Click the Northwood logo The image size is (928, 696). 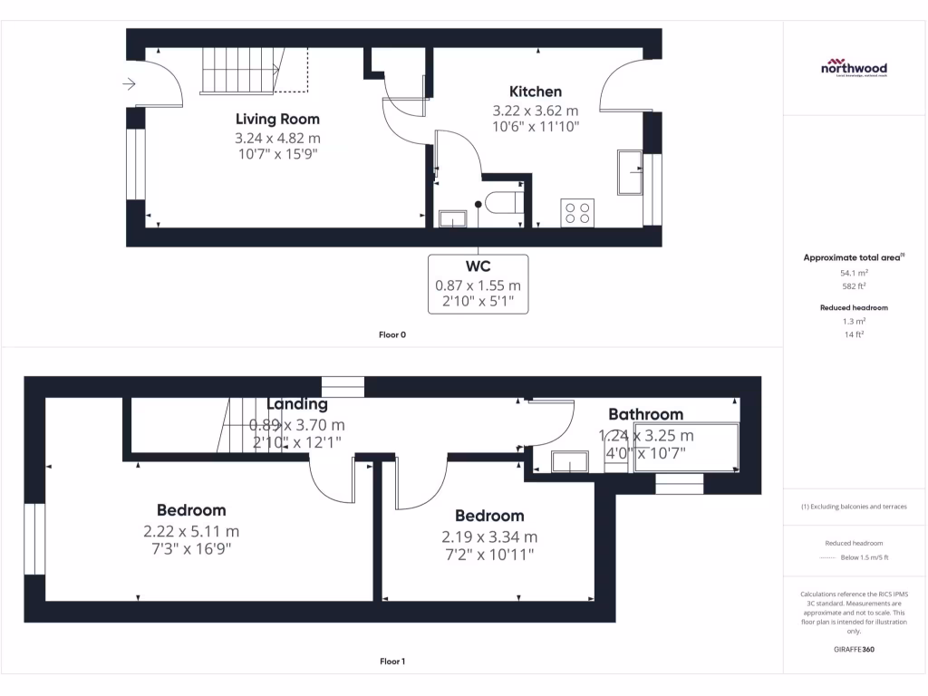854,69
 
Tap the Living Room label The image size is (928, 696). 277,119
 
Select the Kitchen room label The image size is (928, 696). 535,92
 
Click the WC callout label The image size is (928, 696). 478,266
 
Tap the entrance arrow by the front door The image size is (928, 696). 129,84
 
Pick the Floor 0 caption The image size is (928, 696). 392,335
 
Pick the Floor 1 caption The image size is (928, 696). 392,662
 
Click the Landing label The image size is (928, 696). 297,404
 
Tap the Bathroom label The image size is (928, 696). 645,414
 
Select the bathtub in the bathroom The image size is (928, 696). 686,447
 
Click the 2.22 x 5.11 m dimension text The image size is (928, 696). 191,531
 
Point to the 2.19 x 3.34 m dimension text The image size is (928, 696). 489,536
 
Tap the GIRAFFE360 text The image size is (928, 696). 854,649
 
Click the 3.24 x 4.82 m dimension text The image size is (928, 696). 277,139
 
